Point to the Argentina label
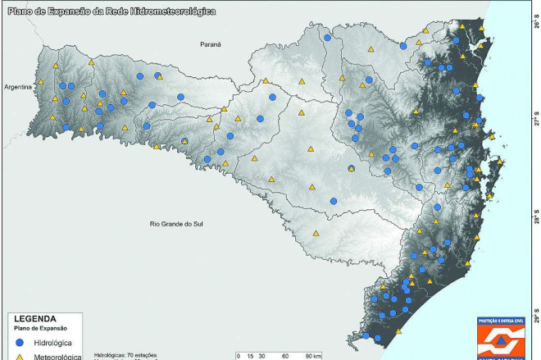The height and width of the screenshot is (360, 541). point(17,85)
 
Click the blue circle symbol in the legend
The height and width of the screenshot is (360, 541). point(19,341)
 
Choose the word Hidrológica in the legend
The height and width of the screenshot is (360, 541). point(56,341)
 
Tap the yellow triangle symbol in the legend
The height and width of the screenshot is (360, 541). point(19,357)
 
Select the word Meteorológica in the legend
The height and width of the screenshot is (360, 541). point(57,357)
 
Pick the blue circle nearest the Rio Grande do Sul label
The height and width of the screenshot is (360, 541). point(334,201)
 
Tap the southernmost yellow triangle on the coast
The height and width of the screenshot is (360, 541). point(398,331)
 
